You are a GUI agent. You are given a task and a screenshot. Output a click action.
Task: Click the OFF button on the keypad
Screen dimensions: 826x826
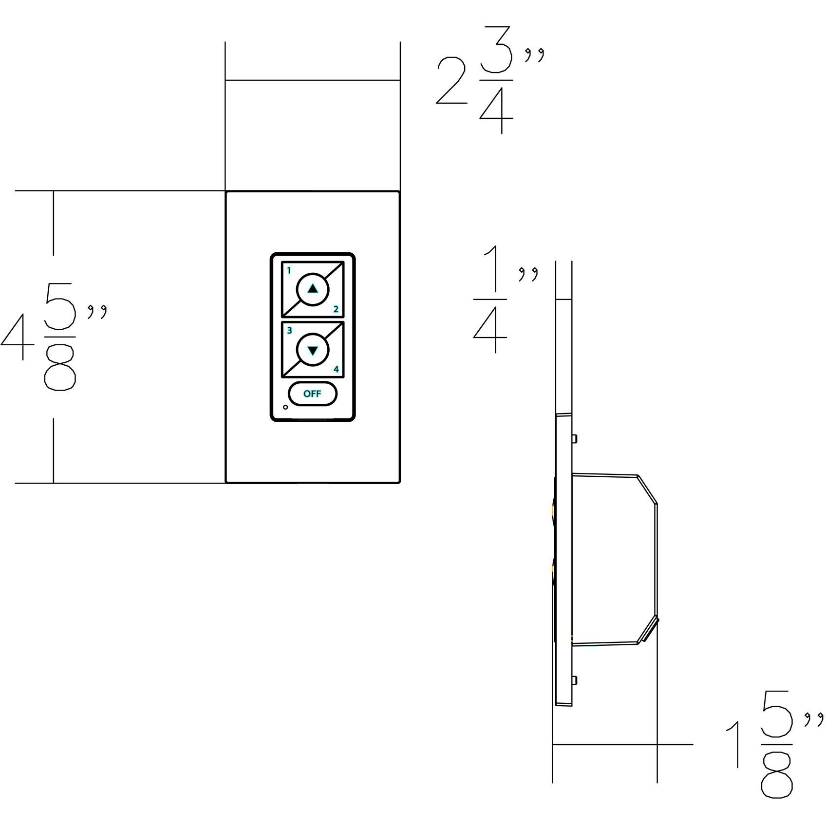point(312,394)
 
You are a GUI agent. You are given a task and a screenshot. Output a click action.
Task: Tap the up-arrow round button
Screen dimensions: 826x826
point(313,289)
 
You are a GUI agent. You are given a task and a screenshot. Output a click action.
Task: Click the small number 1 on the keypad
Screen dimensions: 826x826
point(289,270)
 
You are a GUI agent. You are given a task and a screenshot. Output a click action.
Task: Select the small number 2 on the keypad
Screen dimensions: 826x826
point(336,309)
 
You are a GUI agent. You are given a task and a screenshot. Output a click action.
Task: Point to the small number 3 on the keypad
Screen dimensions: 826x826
point(289,331)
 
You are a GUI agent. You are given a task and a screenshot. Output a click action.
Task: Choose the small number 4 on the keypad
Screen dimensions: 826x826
point(336,369)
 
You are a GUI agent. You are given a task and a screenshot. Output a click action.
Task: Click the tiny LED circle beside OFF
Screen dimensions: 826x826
point(285,407)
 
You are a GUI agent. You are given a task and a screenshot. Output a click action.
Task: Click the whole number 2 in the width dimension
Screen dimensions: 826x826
point(451,80)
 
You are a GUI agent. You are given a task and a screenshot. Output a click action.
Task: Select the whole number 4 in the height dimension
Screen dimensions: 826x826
point(18,337)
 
